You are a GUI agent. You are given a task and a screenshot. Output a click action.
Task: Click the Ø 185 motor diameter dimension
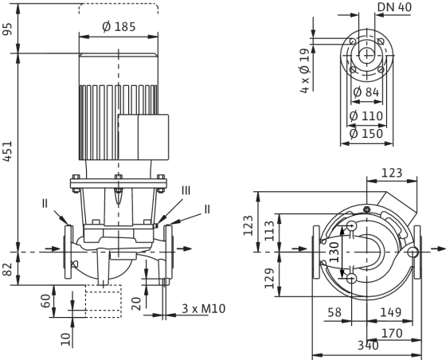(119, 27)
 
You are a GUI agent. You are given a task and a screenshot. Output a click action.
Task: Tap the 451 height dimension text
(7, 151)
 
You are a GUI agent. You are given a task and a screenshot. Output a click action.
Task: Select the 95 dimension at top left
(7, 29)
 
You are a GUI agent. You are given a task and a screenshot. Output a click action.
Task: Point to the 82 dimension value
(7, 269)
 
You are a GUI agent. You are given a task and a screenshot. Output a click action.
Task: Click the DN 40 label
(394, 7)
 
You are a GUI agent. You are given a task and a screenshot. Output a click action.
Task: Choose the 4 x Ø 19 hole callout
(304, 71)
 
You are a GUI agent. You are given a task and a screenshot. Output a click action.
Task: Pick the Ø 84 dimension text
(366, 92)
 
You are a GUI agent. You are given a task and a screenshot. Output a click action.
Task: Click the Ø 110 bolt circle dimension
(366, 116)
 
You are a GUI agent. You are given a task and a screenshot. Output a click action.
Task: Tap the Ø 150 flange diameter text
(366, 133)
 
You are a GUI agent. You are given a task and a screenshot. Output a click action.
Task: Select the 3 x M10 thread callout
(204, 309)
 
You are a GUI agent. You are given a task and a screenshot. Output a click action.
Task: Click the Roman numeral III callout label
(186, 190)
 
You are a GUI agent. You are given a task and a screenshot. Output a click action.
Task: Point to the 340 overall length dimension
(368, 346)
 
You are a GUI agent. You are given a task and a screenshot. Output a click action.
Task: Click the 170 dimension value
(392, 333)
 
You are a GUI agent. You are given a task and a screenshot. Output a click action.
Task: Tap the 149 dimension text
(390, 312)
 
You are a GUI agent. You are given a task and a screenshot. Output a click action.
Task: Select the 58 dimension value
(334, 312)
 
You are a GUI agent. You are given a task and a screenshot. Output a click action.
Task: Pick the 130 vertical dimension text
(334, 252)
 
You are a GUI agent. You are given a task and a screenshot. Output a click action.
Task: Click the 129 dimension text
(270, 278)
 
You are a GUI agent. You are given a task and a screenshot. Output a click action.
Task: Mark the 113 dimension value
(270, 231)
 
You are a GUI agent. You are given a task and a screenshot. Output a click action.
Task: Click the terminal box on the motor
(143, 137)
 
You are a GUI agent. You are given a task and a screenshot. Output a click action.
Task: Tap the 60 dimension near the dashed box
(46, 301)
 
